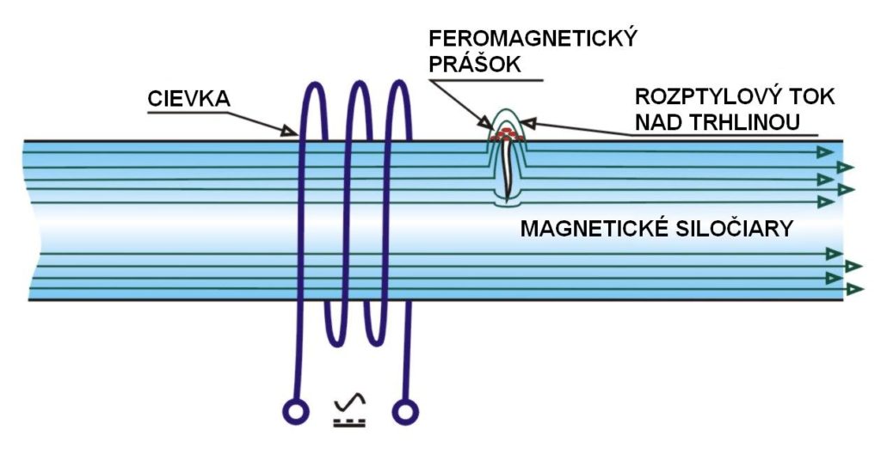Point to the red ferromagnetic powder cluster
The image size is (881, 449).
[x=507, y=135]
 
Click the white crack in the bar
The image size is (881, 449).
[x=510, y=169]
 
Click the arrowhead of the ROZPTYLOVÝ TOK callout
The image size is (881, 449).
[x=527, y=124]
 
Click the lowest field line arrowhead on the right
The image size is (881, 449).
[x=854, y=290]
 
